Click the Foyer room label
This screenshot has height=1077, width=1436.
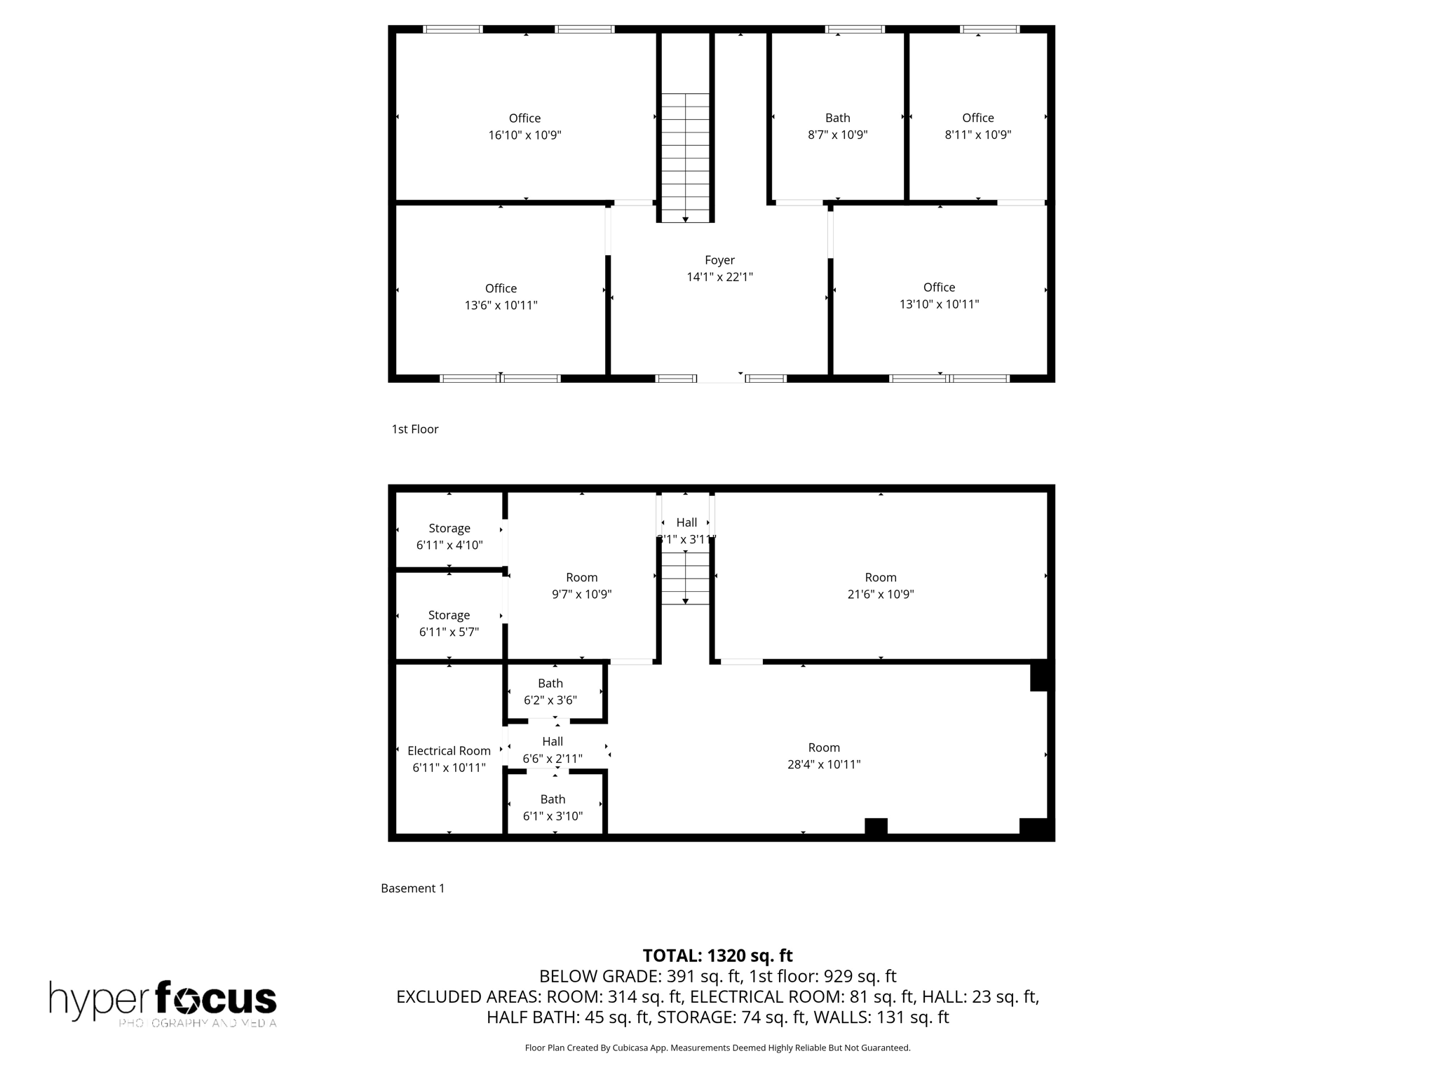pos(719,260)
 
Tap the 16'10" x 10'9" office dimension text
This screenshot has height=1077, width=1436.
pos(524,135)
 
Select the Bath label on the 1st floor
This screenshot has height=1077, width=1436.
pos(837,118)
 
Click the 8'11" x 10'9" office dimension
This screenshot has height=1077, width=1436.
pos(977,135)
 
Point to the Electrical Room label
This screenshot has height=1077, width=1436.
pos(449,751)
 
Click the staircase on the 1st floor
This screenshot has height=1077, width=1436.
pos(685,158)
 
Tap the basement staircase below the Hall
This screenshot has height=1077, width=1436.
pos(685,578)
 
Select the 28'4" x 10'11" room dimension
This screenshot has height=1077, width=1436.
pos(823,765)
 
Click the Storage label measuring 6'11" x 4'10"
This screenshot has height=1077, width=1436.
pos(449,529)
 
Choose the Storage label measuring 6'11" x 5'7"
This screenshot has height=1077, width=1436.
pos(449,616)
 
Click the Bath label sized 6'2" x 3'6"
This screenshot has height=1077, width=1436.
pos(550,684)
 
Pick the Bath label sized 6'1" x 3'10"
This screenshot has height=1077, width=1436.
pos(553,799)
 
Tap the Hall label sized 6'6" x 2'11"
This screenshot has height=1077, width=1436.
pos(553,742)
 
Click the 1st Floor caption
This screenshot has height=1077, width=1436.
pos(414,429)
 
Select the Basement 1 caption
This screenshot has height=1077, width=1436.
pos(412,888)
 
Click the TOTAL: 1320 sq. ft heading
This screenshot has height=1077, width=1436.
pos(717,956)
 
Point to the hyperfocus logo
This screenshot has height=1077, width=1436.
pos(163,1003)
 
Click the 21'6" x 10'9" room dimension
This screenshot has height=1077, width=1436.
pos(880,595)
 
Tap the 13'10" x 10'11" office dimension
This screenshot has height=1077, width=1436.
pos(939,304)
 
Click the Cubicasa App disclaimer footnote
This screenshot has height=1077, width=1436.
pos(717,1048)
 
